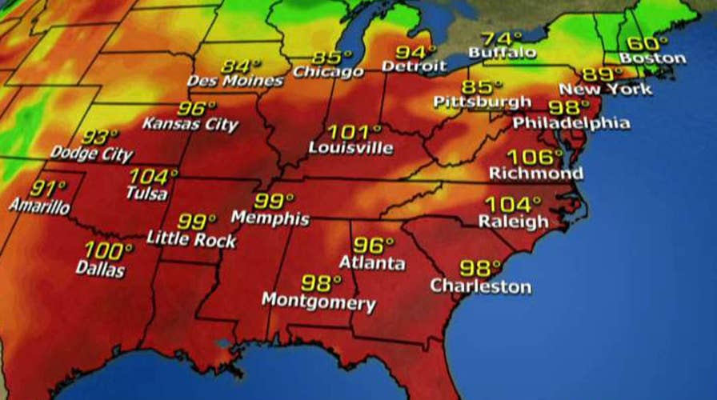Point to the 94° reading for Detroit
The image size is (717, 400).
coord(415,53)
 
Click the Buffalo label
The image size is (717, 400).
coord(502,53)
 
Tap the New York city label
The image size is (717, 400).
coord(606,88)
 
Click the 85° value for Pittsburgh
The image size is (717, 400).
coord(483,86)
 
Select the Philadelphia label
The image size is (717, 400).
coord(571,123)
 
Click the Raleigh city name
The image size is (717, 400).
coord(513,222)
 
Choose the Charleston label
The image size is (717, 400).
coord(480,286)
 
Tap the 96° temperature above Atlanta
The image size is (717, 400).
coord(374,246)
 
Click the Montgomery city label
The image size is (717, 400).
coord(318,302)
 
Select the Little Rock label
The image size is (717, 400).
coord(192,238)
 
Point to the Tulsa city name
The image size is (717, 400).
coord(147,193)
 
